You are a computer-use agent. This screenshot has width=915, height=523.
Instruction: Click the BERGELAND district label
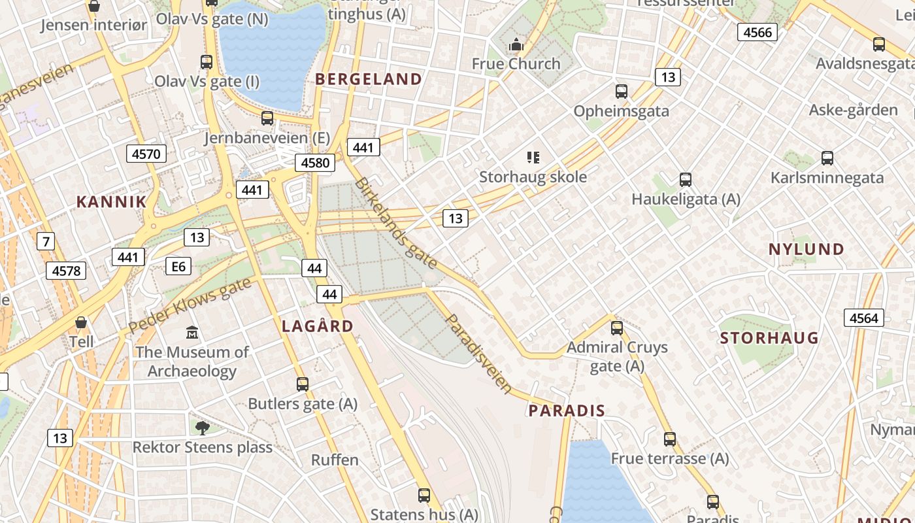(369, 79)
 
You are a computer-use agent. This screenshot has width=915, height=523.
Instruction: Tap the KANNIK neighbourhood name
(112, 201)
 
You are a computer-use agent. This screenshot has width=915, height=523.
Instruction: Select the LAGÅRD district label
(318, 326)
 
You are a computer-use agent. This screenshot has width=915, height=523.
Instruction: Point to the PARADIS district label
(567, 411)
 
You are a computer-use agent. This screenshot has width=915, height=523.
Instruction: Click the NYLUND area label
(807, 249)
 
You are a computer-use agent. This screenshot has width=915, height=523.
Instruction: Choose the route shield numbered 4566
(757, 32)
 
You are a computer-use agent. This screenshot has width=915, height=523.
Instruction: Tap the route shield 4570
(146, 154)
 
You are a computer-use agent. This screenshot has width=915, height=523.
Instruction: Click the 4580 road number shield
(315, 163)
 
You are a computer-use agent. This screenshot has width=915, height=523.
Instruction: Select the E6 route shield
(178, 266)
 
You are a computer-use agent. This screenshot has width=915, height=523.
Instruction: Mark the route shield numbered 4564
(864, 318)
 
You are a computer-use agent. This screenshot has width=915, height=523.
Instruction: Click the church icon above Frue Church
(516, 44)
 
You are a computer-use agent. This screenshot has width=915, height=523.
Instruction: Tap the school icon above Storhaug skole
(533, 158)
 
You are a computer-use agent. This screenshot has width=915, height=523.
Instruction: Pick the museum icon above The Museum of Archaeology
(192, 333)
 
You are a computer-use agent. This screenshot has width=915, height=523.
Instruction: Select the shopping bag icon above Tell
(81, 322)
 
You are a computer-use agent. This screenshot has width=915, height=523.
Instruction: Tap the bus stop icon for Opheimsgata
(621, 92)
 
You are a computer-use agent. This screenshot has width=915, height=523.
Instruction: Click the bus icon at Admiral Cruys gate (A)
(617, 328)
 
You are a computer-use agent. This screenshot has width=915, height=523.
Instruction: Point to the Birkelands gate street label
(395, 223)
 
